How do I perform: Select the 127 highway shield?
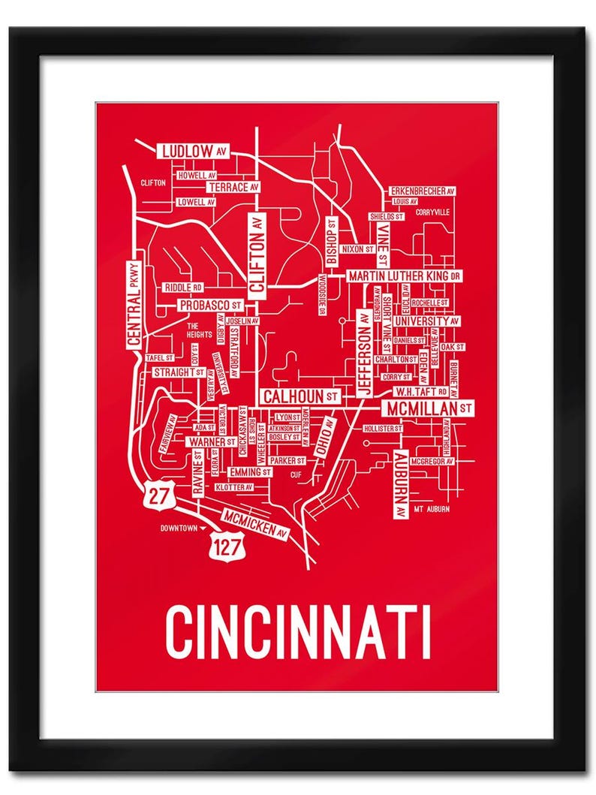228,547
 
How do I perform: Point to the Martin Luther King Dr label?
404,276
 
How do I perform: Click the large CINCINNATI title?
298,632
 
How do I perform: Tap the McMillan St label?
429,408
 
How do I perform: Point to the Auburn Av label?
399,484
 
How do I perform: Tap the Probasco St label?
211,306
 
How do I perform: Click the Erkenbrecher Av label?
423,191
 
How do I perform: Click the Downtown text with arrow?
181,528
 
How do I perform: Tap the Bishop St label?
332,242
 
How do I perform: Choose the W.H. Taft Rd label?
422,392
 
